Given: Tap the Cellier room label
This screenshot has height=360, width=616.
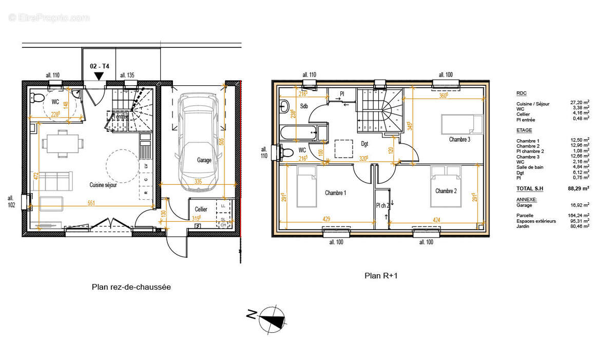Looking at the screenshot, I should coord(201,210).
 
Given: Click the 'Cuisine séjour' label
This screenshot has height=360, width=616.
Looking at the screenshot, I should coord(103,185).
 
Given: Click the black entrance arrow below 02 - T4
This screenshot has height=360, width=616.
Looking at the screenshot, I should coord(99,76).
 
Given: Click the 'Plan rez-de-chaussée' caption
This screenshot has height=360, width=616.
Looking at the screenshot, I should coord(131,287).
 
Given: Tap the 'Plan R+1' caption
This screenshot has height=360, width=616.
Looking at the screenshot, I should coord(381,276).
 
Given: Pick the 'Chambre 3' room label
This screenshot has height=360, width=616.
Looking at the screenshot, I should coord(459,139).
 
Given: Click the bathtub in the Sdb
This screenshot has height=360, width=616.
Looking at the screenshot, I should coord(299,132).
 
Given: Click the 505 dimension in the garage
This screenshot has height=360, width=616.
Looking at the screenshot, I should coord(222,141).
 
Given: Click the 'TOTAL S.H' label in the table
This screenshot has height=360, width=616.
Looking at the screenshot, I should coord(529,189).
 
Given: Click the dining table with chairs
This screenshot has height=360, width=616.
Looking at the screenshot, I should coord(61,143).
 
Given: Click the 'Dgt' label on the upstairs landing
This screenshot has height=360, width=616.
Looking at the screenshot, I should coord(364,144).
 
